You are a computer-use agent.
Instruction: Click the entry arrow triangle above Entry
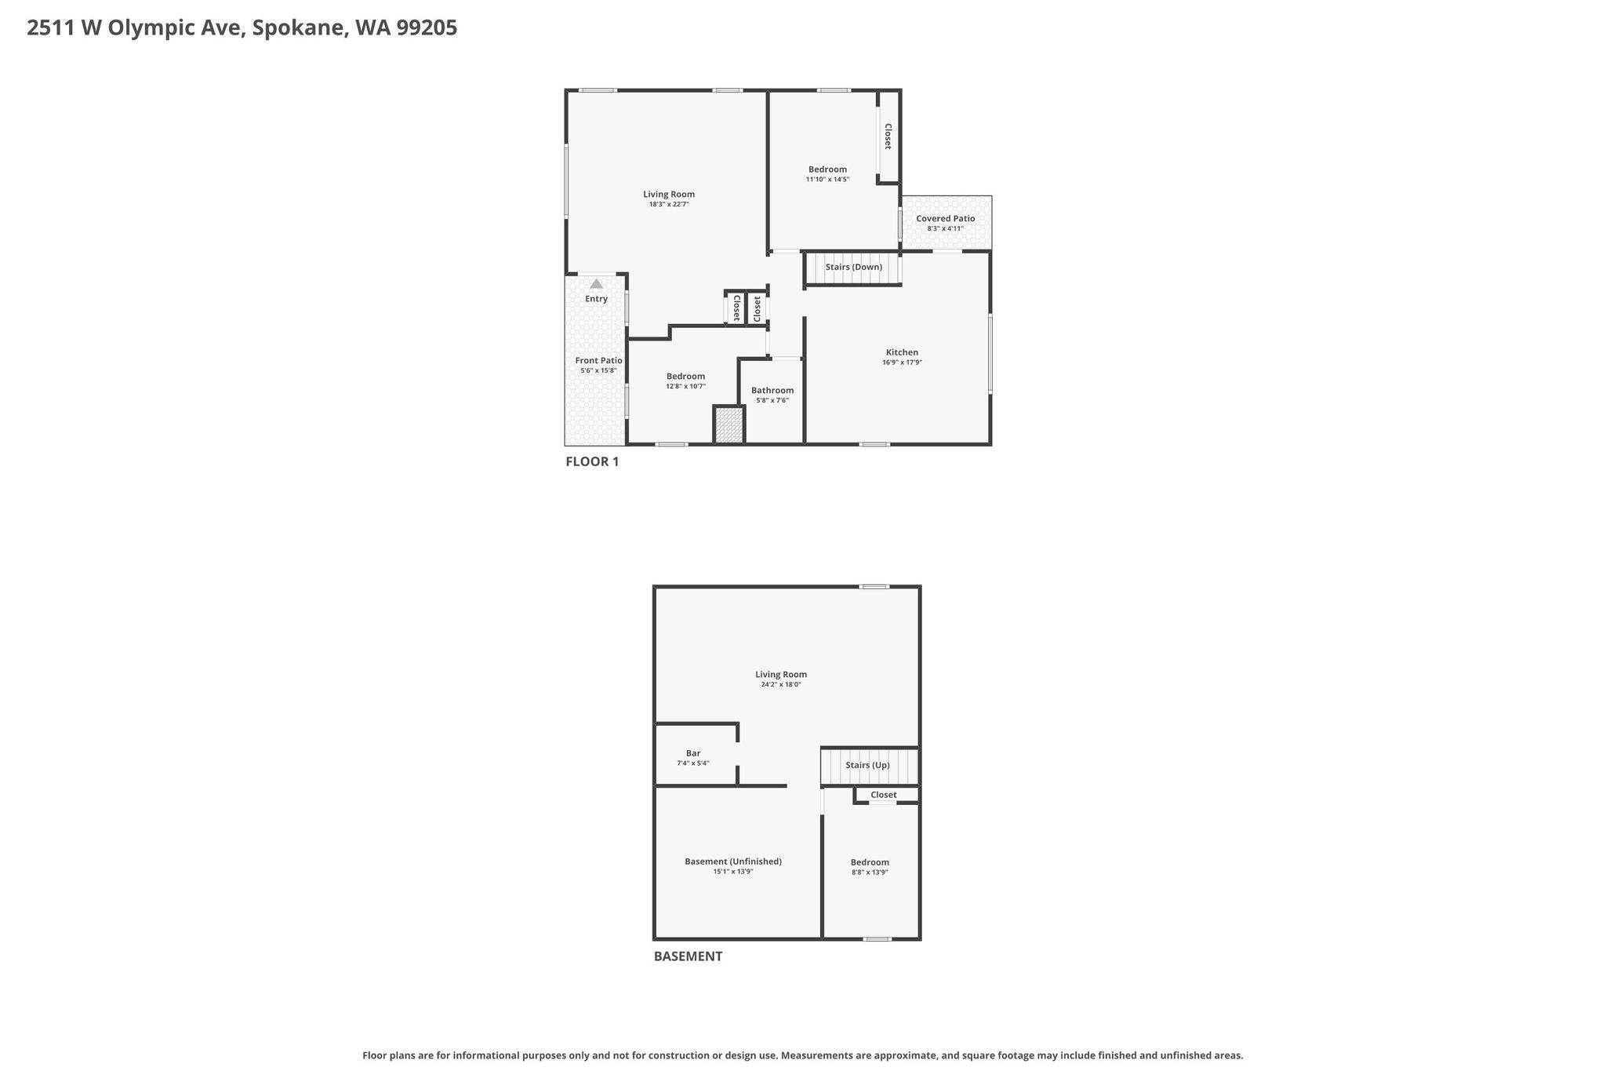[x=597, y=283]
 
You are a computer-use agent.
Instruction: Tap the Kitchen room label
[x=902, y=352]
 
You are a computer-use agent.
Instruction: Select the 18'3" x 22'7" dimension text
[x=669, y=205]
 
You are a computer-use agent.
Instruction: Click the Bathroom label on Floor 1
[x=772, y=391]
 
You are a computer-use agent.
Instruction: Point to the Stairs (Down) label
[x=854, y=267]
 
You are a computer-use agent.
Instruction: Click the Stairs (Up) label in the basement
[x=867, y=765]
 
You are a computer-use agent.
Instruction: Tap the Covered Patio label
[x=946, y=219]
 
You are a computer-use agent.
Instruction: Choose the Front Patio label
[x=599, y=361]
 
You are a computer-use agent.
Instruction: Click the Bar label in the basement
[x=693, y=753]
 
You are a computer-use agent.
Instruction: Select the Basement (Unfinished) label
[x=733, y=862]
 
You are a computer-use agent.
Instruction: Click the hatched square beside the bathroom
[x=729, y=425]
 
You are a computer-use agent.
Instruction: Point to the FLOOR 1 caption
[x=592, y=461]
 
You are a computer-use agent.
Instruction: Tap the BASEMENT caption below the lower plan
[x=688, y=956]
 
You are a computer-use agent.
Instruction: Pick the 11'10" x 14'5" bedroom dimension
[x=827, y=180]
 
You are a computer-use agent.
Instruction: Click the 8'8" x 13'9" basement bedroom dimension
[x=870, y=872]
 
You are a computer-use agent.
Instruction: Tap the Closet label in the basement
[x=884, y=795]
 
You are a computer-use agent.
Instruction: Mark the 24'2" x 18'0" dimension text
[x=781, y=685]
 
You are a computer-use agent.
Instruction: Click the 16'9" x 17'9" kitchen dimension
[x=902, y=362]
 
